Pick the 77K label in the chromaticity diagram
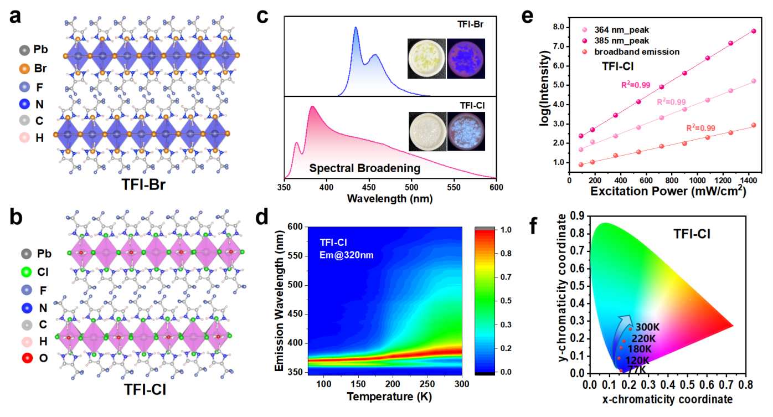tap(636, 369)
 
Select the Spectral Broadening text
tap(364, 167)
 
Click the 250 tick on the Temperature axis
tap(427, 384)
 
